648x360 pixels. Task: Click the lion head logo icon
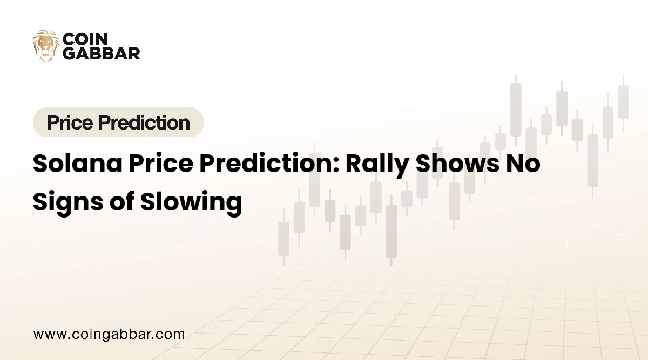pyautogui.click(x=45, y=45)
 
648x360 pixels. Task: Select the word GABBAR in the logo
pyautogui.click(x=102, y=53)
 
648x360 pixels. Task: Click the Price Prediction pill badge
pyautogui.click(x=118, y=123)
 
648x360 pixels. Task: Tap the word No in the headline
pyautogui.click(x=522, y=164)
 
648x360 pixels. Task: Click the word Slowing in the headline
pyautogui.click(x=191, y=202)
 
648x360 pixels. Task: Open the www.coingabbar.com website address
pyautogui.click(x=109, y=334)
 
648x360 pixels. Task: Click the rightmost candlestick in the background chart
pyautogui.click(x=623, y=103)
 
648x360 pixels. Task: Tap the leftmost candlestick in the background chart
pyautogui.click(x=283, y=239)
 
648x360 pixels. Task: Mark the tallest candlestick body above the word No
pyautogui.click(x=516, y=110)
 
